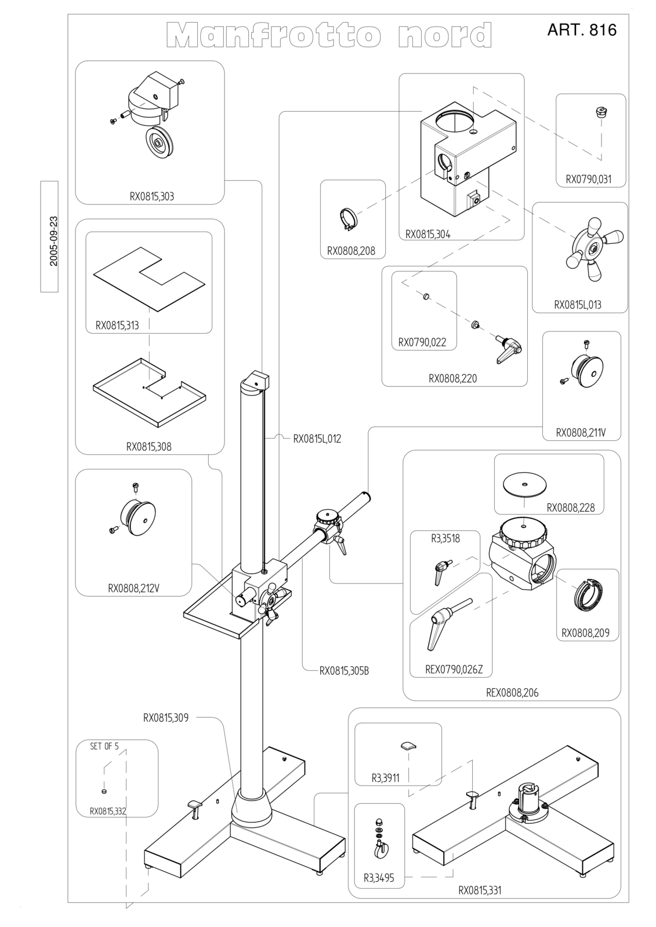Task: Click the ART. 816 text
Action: coord(582,30)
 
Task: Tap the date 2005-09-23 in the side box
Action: coord(54,241)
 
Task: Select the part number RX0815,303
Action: coord(151,196)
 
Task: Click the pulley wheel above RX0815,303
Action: coord(159,143)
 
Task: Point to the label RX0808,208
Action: coord(351,251)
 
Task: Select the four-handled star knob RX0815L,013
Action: coord(594,248)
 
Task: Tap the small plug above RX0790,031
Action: coord(600,111)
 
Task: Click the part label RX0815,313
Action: coord(117,325)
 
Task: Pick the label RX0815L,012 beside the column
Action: coord(317,439)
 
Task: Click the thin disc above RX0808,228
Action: coord(525,484)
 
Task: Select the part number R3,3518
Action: coord(445,538)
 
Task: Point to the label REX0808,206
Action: coord(512,692)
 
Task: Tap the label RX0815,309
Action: coord(166,718)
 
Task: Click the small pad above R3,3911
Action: coord(408,745)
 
